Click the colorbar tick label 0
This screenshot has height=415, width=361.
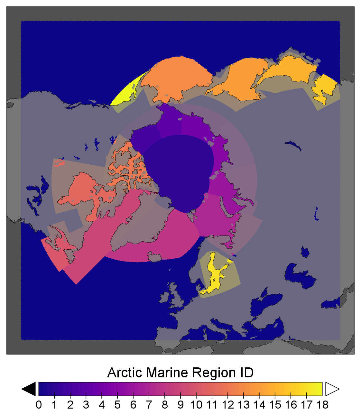(39, 405)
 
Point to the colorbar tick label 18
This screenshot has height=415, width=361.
(322, 405)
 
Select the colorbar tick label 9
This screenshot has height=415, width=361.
(181, 405)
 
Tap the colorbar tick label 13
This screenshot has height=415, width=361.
(244, 405)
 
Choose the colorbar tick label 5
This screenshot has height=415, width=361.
(117, 405)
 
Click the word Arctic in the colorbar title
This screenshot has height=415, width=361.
(125, 373)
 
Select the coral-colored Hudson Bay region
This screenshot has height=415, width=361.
(80, 193)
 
